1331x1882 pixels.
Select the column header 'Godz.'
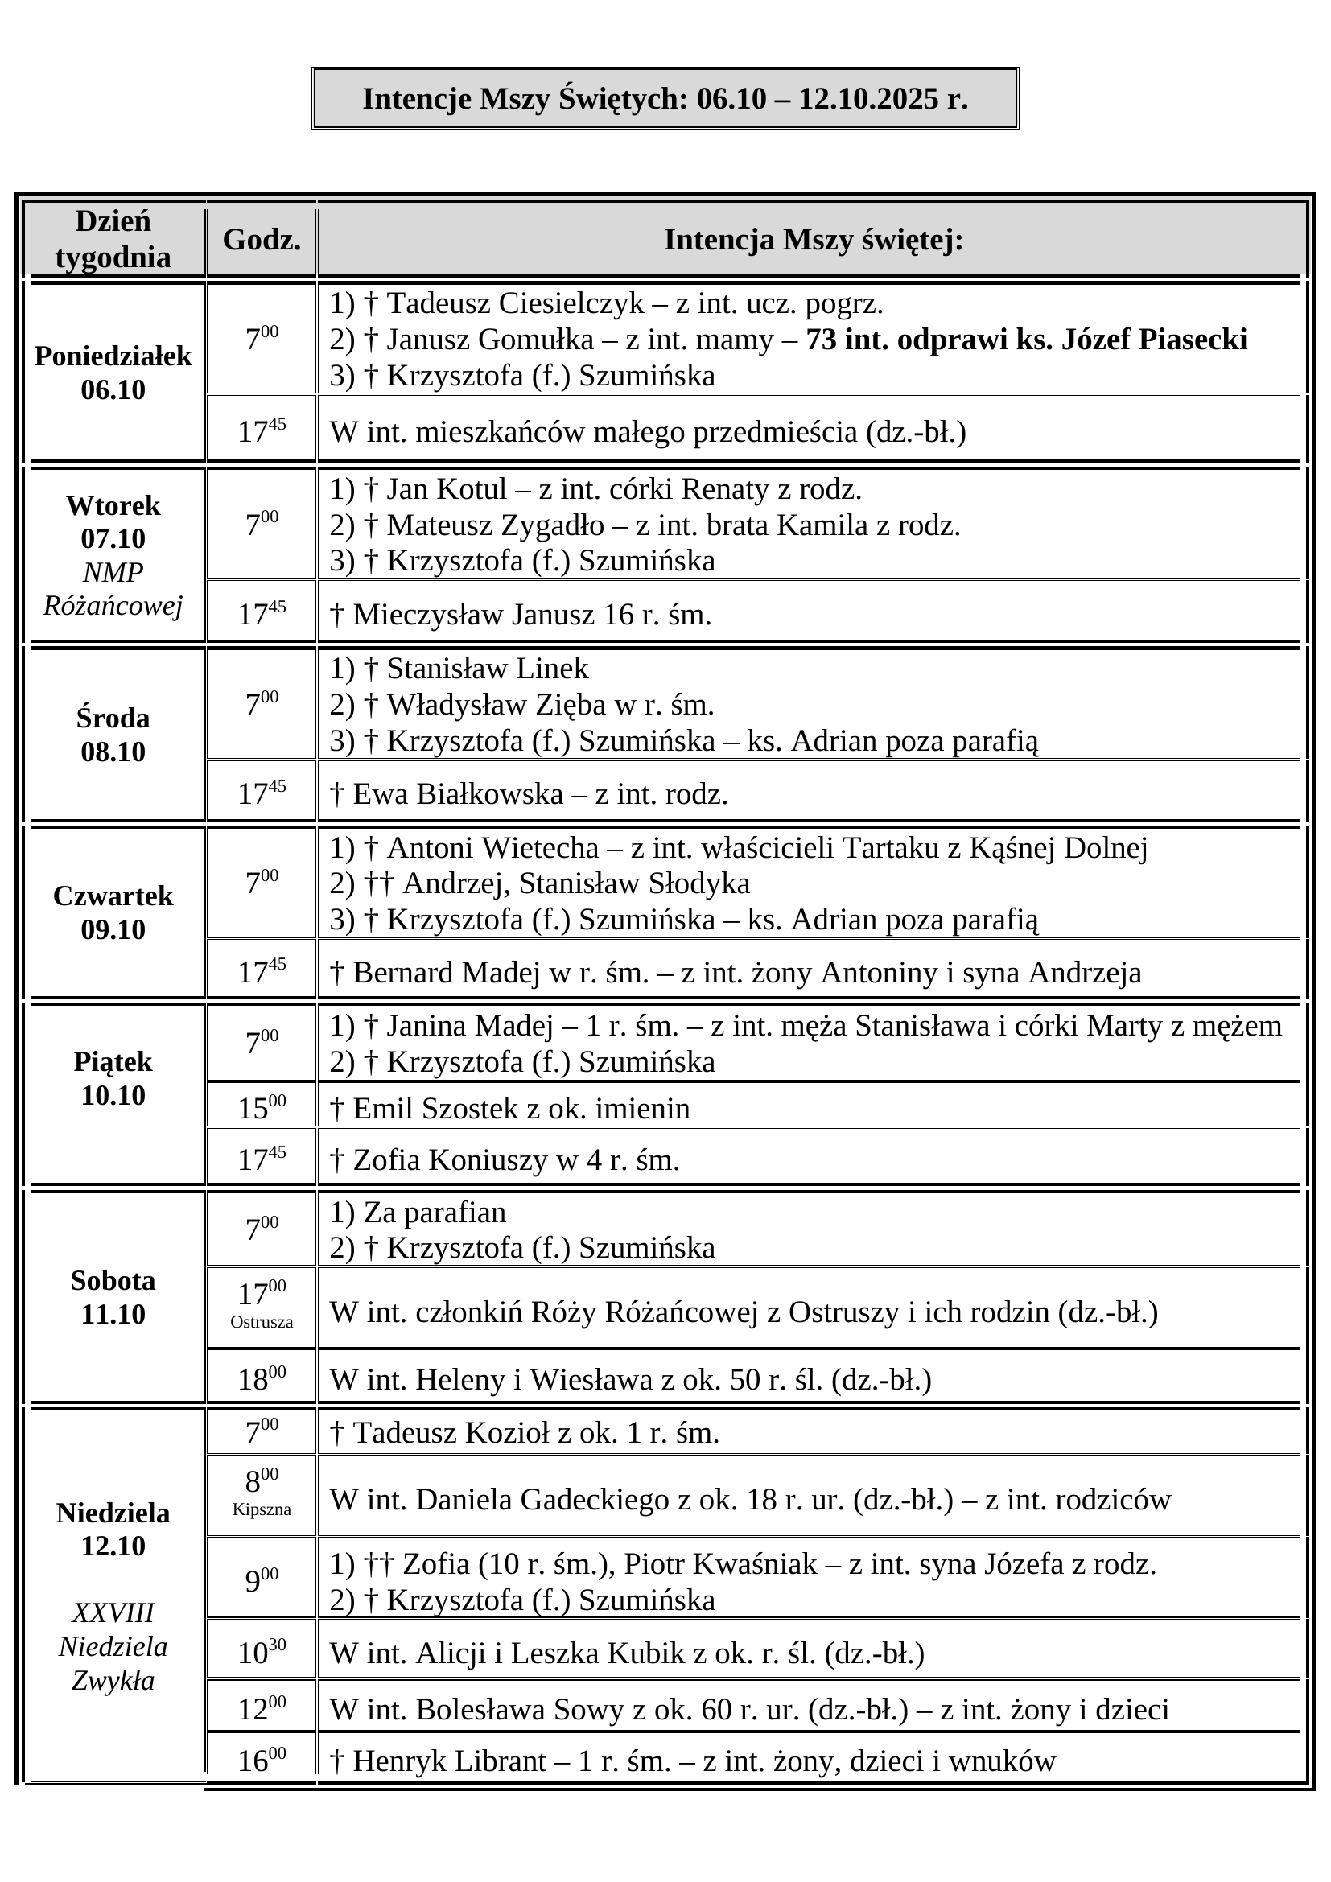point(262,239)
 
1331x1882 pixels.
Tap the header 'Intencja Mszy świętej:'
point(812,239)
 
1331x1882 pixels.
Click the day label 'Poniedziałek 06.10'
point(113,373)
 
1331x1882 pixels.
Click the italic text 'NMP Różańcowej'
point(113,588)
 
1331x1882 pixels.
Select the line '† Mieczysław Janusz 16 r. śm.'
point(521,614)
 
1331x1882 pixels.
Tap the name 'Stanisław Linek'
point(487,668)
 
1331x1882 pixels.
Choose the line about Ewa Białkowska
point(529,793)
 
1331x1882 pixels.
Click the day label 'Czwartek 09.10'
point(113,912)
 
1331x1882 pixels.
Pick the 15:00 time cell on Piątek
point(262,1107)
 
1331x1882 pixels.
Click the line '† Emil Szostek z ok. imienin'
point(509,1108)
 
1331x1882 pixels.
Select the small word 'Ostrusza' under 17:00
point(262,1321)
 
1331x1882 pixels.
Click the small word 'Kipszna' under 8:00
point(262,1509)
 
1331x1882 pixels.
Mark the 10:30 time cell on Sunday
point(262,1653)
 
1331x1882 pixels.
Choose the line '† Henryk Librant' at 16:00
point(693,1760)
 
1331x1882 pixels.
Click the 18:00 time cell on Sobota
point(262,1379)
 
